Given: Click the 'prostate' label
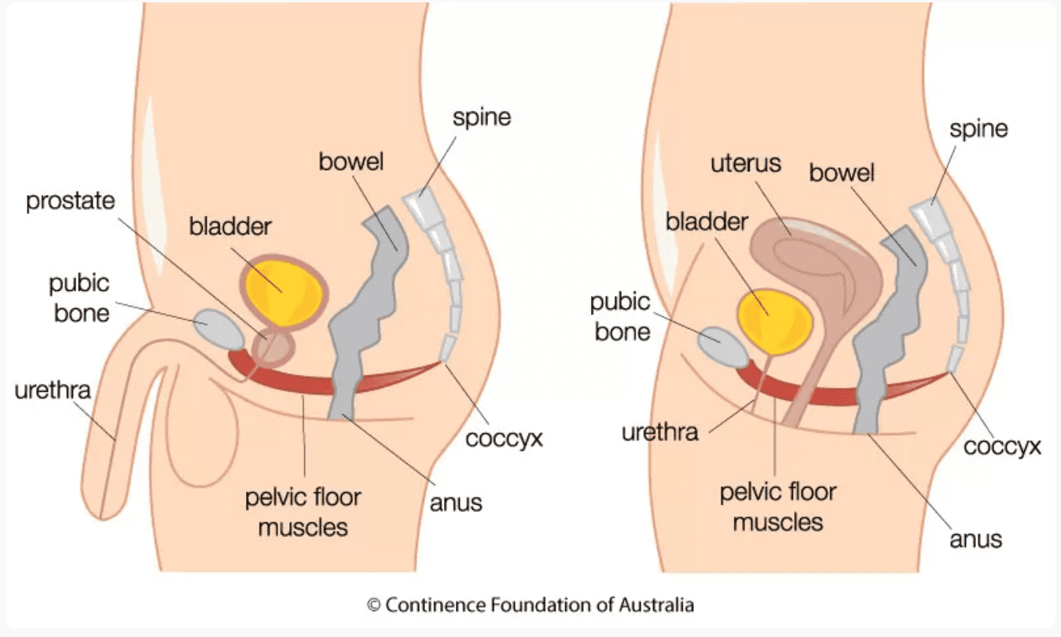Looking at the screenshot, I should click(71, 201).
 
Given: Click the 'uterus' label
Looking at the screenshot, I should click(746, 164).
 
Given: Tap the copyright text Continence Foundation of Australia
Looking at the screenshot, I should click(530, 605).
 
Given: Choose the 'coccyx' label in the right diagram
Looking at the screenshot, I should click(1002, 446).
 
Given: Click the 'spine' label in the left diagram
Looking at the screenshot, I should click(481, 118).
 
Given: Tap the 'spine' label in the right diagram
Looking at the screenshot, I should click(978, 129).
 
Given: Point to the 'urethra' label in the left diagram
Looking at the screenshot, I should click(53, 390).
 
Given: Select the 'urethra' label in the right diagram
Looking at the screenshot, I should click(659, 433).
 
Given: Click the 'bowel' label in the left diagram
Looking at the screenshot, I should click(351, 163).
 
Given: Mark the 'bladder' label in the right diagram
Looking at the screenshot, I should click(707, 221).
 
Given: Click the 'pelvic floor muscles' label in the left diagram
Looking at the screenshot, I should click(303, 512).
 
